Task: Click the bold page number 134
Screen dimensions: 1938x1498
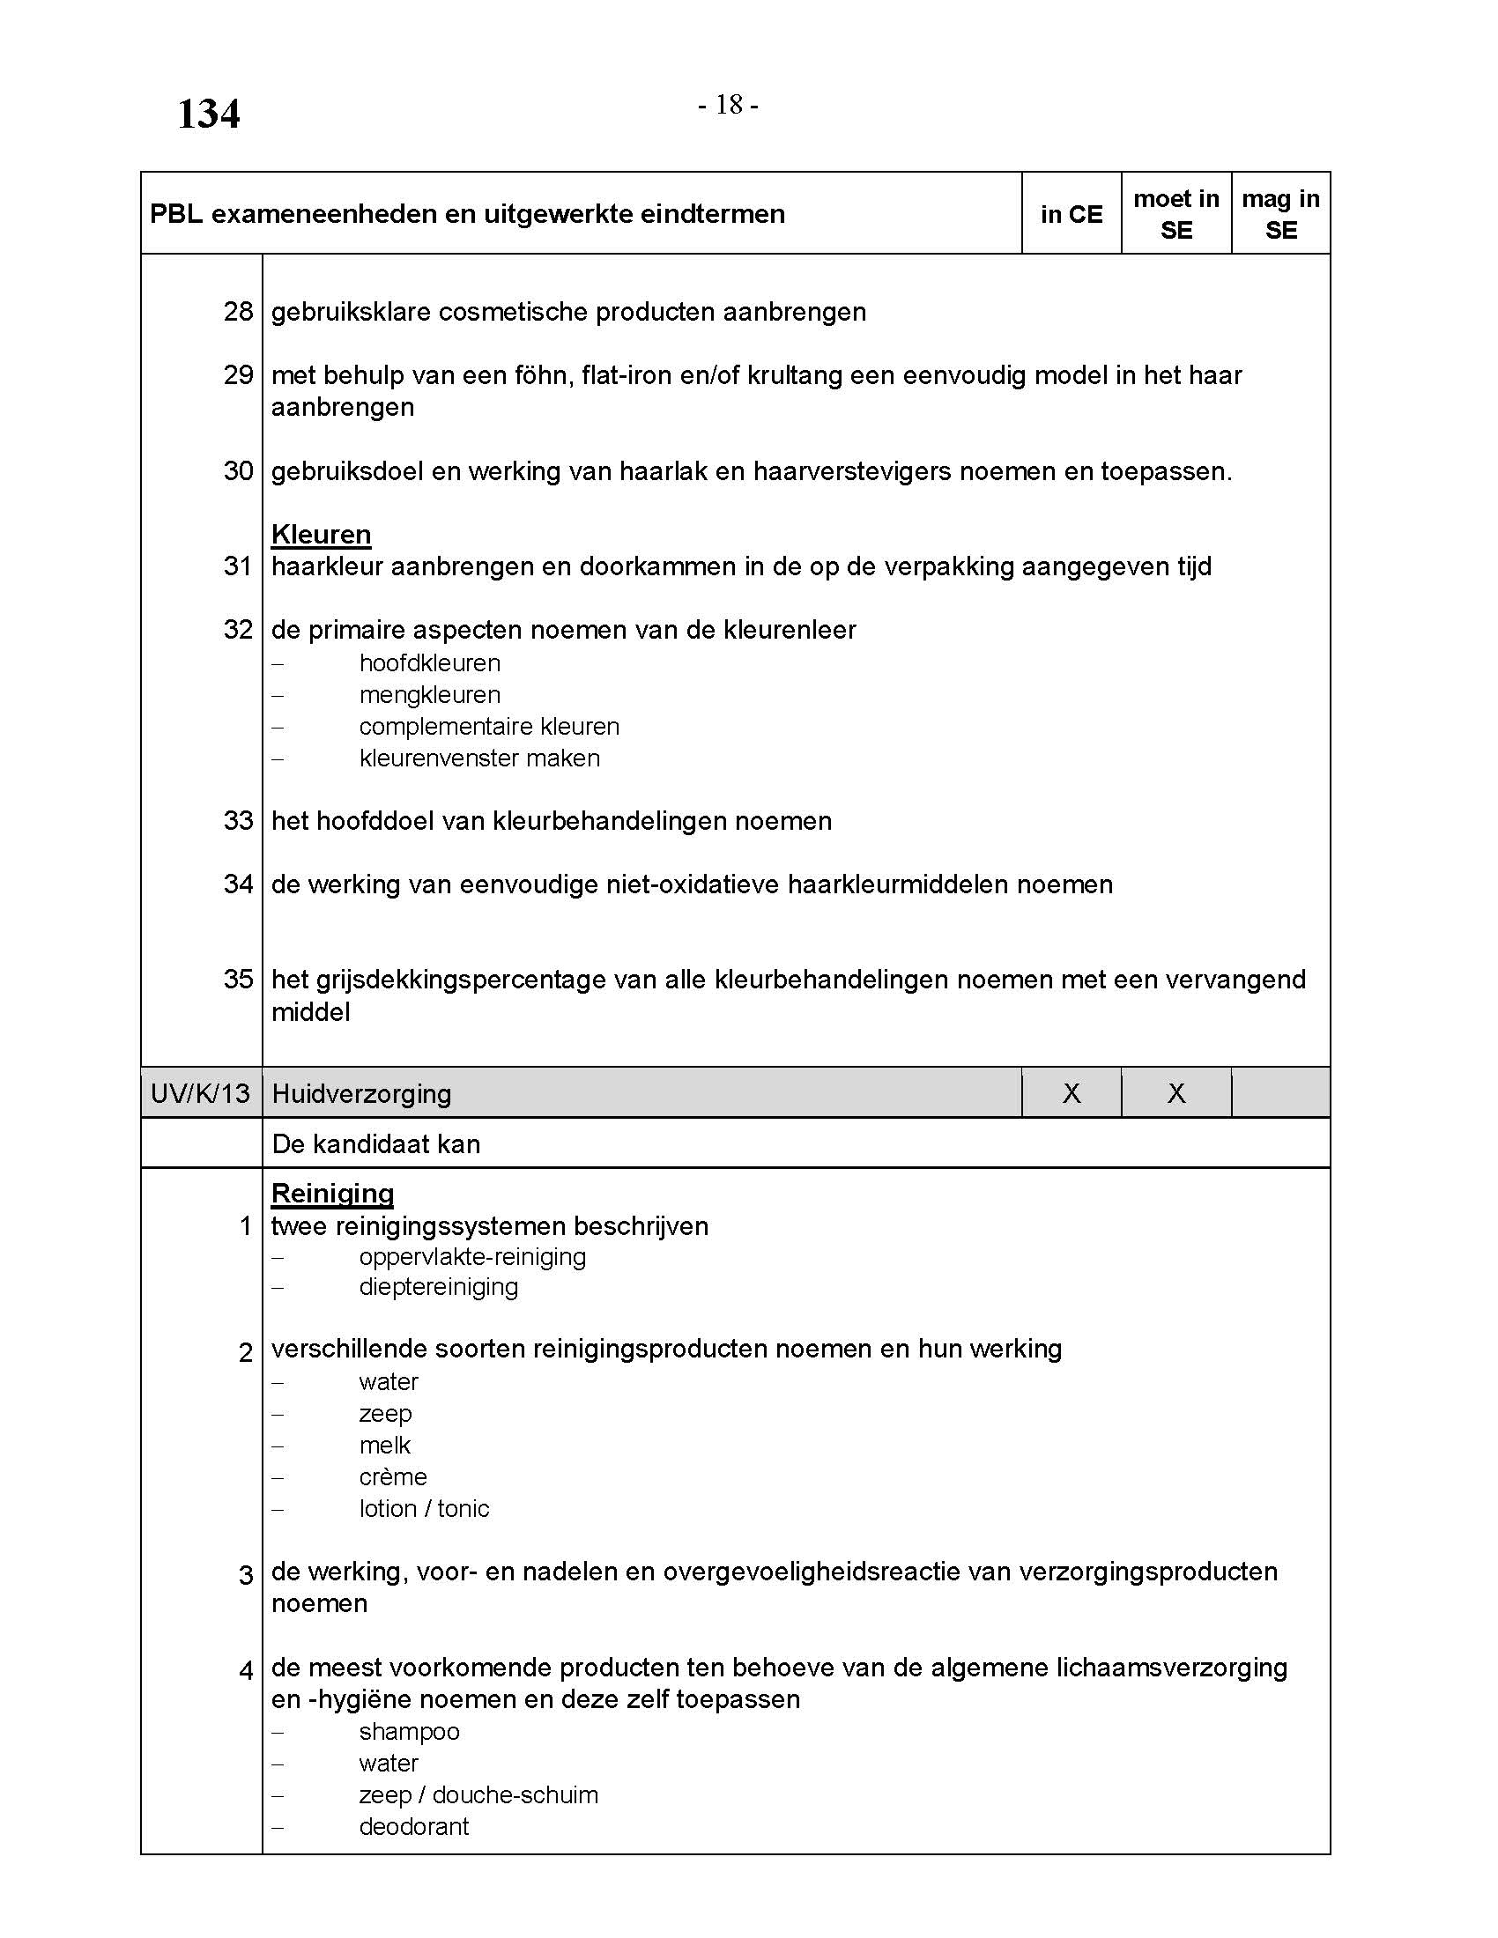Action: pyautogui.click(x=209, y=115)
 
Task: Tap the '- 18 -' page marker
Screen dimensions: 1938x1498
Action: pyautogui.click(x=728, y=106)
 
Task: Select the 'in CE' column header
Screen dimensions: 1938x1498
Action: pyautogui.click(x=1072, y=214)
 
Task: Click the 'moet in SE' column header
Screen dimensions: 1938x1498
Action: pyautogui.click(x=1175, y=214)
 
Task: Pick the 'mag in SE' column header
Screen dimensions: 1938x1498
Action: pyautogui.click(x=1279, y=214)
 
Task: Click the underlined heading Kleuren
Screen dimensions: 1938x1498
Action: pyautogui.click(x=322, y=534)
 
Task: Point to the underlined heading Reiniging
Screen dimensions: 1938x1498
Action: pyautogui.click(x=333, y=1194)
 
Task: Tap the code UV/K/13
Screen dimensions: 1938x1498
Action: pyautogui.click(x=201, y=1093)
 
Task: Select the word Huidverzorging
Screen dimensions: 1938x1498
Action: pyautogui.click(x=361, y=1094)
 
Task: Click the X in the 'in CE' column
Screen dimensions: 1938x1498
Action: pyautogui.click(x=1072, y=1093)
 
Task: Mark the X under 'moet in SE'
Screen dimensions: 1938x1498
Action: pyautogui.click(x=1175, y=1093)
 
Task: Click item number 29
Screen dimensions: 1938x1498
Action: pyautogui.click(x=238, y=375)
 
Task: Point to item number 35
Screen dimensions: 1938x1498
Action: pyautogui.click(x=238, y=980)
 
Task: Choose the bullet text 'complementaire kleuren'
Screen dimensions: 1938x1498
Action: pyautogui.click(x=489, y=727)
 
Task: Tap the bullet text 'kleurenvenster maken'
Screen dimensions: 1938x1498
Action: pyautogui.click(x=479, y=758)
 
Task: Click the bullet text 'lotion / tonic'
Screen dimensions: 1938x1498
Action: pyautogui.click(x=424, y=1509)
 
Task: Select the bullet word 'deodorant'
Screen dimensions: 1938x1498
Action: pyautogui.click(x=413, y=1827)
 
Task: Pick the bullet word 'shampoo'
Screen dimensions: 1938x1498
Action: pyautogui.click(x=409, y=1732)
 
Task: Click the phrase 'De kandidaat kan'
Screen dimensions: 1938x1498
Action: pyautogui.click(x=376, y=1144)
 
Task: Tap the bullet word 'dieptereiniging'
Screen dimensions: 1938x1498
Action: pyautogui.click(x=439, y=1288)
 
